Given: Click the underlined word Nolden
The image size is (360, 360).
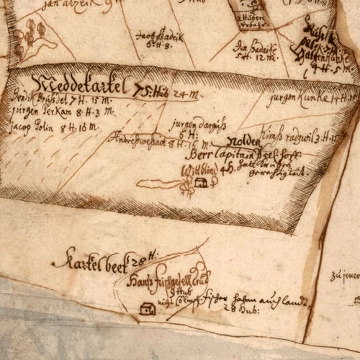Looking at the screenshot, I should point(242,142).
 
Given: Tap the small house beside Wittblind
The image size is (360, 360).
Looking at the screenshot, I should point(201,184).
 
